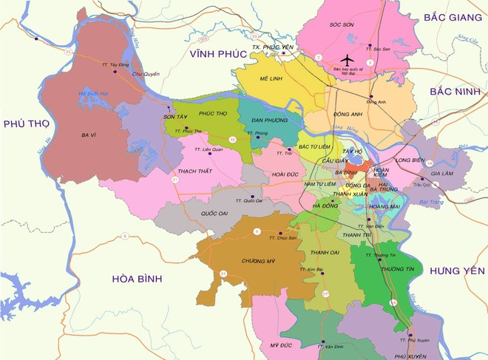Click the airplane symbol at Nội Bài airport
348,60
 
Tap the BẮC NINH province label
454,90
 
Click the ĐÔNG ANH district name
348,115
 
